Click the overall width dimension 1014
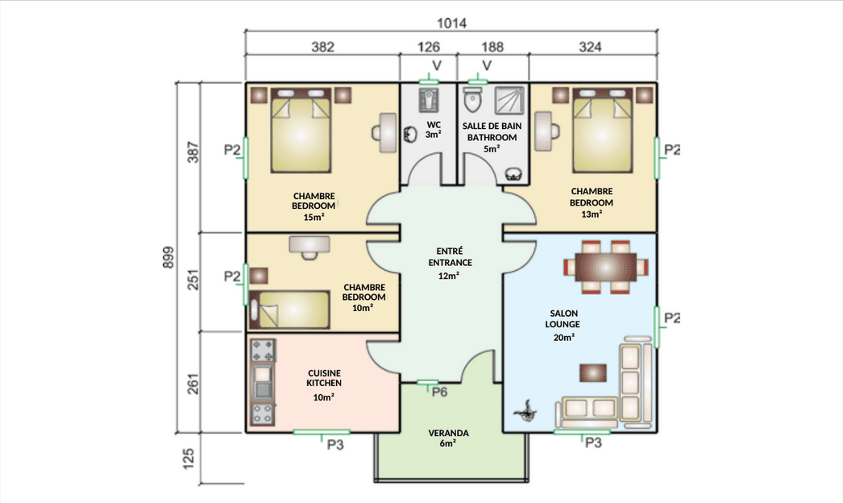coord(451,23)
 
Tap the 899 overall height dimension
coord(168,258)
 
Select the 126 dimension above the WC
coord(429,47)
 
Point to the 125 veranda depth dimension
coord(188,459)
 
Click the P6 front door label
coord(439,392)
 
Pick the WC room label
coord(434,125)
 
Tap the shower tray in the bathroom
coord(509,101)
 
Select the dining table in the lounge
coord(606,267)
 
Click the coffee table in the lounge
coord(593,372)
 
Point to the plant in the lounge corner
coord(525,411)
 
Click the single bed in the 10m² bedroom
coord(289,310)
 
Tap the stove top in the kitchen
coord(263,350)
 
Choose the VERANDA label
coord(448,433)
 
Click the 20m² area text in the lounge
coord(564,337)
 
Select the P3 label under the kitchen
coord(335,445)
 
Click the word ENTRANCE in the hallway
coord(451,263)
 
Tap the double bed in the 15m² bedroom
coord(301,131)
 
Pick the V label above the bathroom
coord(487,65)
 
